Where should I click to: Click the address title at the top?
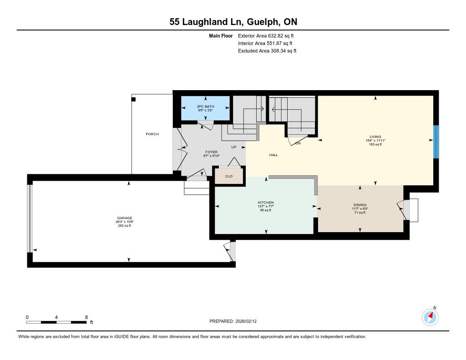point(233,22)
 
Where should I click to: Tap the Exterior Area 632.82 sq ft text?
point(266,36)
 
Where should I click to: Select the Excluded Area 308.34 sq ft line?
point(267,51)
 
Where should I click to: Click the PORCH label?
point(152,134)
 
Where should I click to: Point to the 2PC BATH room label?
point(205,106)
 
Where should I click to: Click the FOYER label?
point(211,152)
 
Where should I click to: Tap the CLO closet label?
point(229,176)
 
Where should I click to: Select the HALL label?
point(274,155)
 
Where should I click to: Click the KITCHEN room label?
point(266,203)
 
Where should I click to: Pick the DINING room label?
point(360,205)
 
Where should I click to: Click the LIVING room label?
point(375,137)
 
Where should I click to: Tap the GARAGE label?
point(125,218)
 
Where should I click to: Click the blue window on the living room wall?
point(436,142)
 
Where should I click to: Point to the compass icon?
point(430,317)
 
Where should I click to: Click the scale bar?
point(56,322)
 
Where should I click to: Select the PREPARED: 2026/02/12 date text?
point(233,321)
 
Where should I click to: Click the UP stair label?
point(234,147)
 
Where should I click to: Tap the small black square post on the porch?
point(133,99)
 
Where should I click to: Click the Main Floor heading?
point(221,36)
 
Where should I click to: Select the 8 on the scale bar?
point(86,317)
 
